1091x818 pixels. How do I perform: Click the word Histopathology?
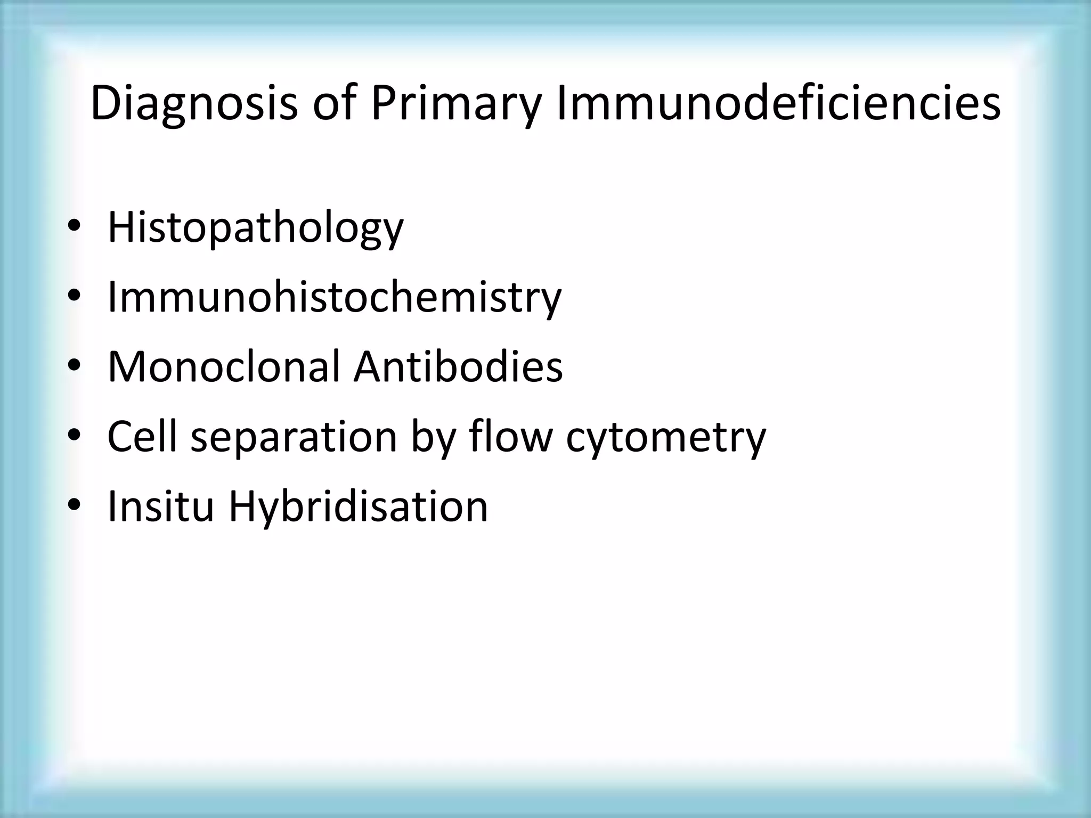(x=256, y=228)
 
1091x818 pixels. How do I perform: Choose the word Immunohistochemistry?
(x=335, y=297)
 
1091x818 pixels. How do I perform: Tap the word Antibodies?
(x=458, y=367)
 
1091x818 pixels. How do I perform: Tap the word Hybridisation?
(x=358, y=507)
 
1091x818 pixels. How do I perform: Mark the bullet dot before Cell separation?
(x=74, y=435)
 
